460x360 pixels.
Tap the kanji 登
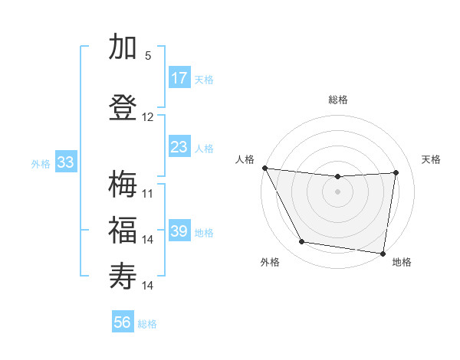pos(123,106)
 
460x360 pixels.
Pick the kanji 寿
pos(123,274)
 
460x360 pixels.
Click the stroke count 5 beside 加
pos(148,56)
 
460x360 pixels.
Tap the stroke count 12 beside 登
pos(148,117)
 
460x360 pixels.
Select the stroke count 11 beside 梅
pos(148,193)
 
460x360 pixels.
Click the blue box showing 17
pos(179,78)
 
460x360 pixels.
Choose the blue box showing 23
pos(179,147)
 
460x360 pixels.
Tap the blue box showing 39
pos(179,231)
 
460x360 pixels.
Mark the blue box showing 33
pos(65,162)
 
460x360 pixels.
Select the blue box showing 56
pos(123,322)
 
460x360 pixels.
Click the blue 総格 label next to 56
pos(147,324)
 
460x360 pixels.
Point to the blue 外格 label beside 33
pos(41,163)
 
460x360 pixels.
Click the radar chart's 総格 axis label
pos(337,100)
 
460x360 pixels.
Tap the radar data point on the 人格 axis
pos(264,168)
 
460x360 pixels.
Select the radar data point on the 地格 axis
pos(383,253)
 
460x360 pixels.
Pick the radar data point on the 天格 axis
pos(396,172)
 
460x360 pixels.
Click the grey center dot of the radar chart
pos(337,191)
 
